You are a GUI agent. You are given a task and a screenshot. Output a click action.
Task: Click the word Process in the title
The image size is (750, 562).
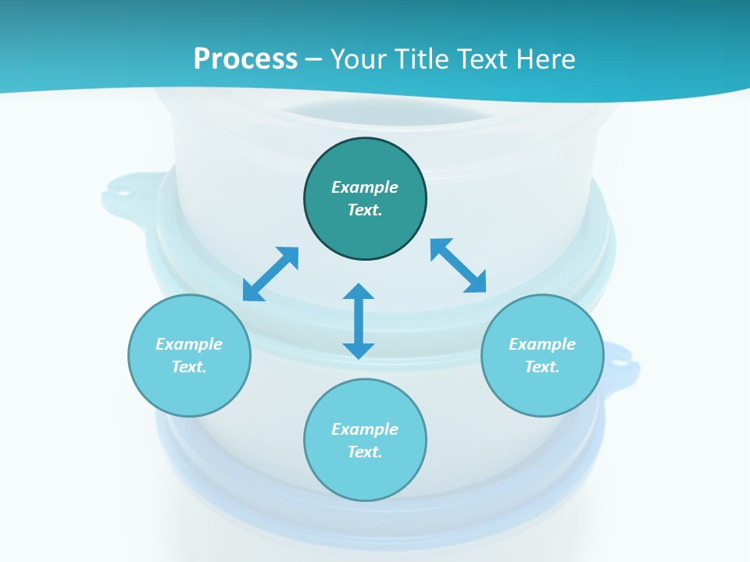[x=245, y=59]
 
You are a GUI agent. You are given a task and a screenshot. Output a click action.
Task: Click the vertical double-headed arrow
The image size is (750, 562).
[x=359, y=322]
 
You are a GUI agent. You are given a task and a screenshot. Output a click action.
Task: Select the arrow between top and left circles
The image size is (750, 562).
[x=270, y=274]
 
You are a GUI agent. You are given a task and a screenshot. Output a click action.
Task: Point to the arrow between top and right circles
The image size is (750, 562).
[x=459, y=265]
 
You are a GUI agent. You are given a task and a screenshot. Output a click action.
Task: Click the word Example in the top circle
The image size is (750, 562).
[x=365, y=187]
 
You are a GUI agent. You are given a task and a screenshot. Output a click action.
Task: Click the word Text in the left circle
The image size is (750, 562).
[x=188, y=367]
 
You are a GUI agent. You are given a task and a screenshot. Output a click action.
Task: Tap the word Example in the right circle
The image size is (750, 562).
[x=542, y=344]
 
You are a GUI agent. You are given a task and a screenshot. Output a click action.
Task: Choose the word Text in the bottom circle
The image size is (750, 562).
[x=364, y=452]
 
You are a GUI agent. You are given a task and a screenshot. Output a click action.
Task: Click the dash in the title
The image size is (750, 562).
[x=314, y=59]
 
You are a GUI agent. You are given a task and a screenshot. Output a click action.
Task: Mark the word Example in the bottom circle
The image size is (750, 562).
[x=365, y=429]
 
